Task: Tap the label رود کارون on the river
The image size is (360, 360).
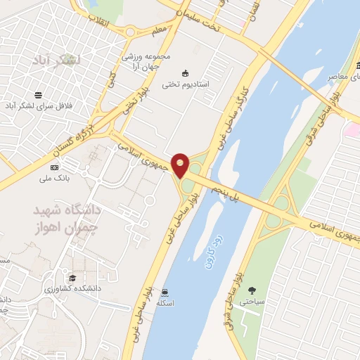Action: [x=209, y=250]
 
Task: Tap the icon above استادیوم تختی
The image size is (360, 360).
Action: [x=186, y=73]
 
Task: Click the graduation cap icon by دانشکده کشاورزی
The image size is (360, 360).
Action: [x=73, y=277]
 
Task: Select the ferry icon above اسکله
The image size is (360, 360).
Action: [x=165, y=291]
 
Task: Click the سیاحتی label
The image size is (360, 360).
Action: [x=252, y=302]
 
